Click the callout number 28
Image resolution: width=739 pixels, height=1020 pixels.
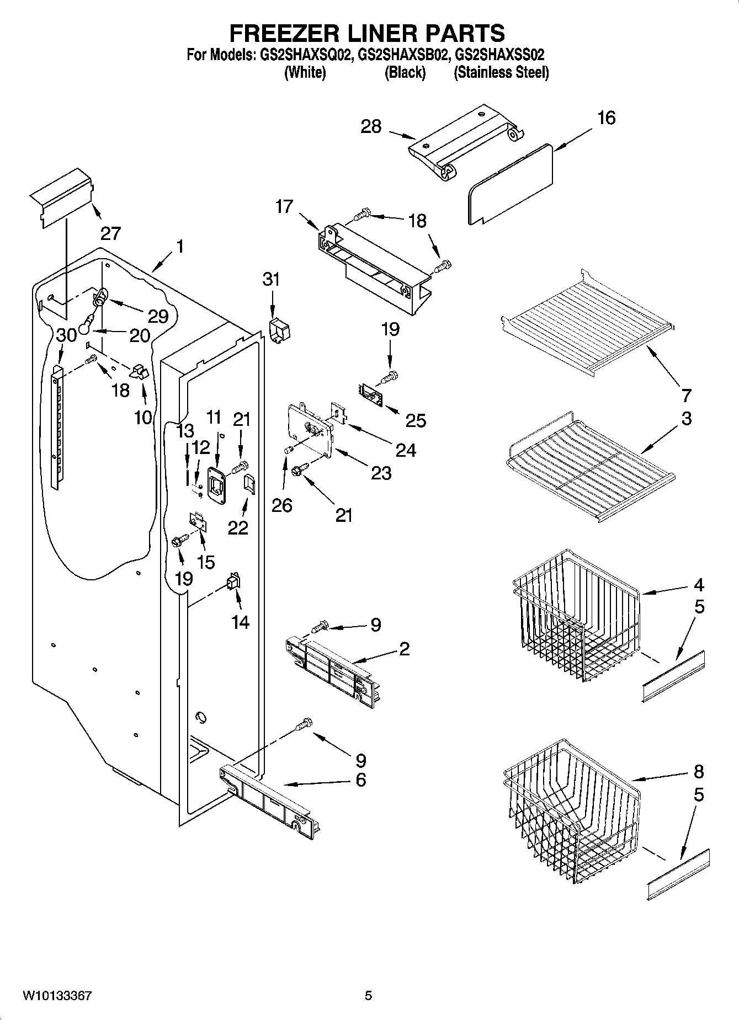371,126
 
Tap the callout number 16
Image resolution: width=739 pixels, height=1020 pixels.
606,118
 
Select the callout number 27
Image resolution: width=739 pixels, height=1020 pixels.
110,233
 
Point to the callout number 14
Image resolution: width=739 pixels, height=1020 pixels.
240,622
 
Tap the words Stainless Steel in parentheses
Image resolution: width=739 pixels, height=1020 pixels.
501,72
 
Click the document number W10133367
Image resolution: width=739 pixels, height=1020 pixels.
57,996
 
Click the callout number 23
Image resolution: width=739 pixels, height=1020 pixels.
381,473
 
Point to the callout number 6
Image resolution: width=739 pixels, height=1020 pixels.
360,780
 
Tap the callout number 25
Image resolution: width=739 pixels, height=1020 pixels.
416,420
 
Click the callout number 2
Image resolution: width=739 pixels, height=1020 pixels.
404,648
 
